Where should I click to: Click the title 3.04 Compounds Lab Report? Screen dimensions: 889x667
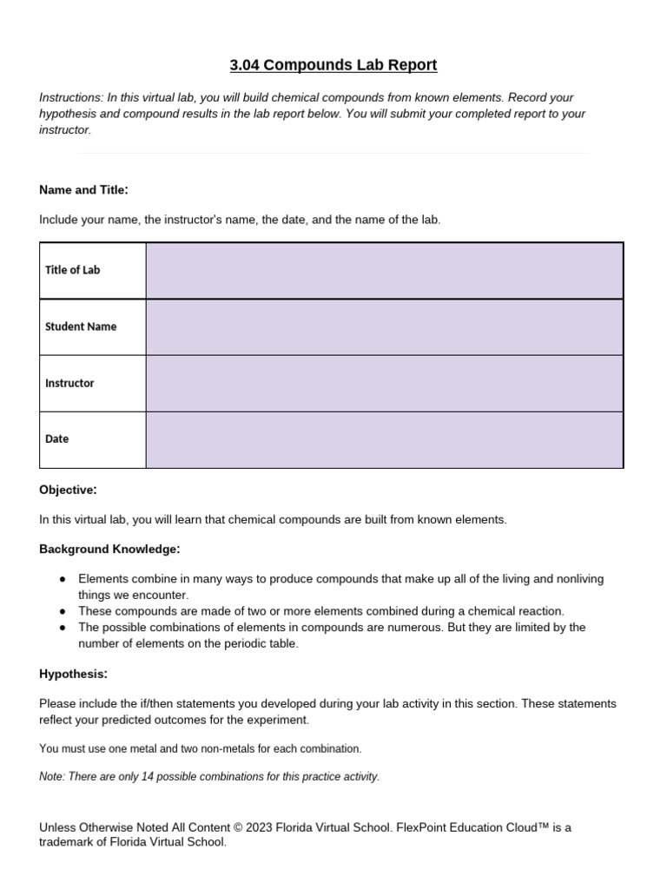click(333, 65)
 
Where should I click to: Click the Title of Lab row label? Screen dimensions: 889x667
click(72, 270)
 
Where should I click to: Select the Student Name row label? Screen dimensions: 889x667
click(81, 327)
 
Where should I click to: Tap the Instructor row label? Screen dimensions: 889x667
click(69, 383)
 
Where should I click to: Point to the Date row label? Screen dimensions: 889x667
click(56, 439)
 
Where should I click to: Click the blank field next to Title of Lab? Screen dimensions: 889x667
click(384, 271)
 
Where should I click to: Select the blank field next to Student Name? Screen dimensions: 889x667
click(384, 327)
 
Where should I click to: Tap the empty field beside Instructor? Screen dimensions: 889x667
click(384, 383)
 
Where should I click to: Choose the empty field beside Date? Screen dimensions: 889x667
click(384, 439)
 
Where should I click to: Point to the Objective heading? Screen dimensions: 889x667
click(68, 491)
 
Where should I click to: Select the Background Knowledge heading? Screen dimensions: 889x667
click(109, 550)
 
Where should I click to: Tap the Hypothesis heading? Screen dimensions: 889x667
click(73, 675)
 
